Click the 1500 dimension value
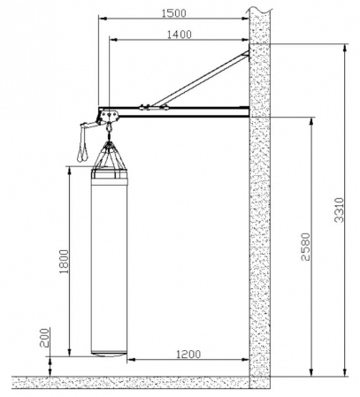coord(174,13)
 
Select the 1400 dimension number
coord(180,34)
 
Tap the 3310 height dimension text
coord(340,210)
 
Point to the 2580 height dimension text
coord(306,247)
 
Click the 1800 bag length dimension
coord(64,262)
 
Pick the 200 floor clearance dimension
coord(45,338)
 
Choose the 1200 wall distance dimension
coord(188,354)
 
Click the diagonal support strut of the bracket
coord(201,79)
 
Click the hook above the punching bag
coord(110,127)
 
